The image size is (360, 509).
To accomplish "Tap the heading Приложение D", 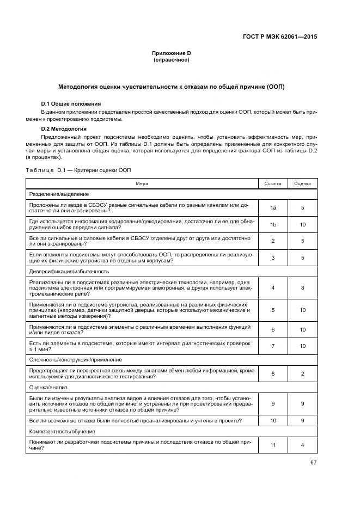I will [171, 53].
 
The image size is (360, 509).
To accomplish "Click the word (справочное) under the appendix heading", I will [171, 59].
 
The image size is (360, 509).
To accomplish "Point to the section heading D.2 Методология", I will [64, 129].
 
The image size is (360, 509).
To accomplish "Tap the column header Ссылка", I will [273, 184].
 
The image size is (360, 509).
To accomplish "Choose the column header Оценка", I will [302, 184].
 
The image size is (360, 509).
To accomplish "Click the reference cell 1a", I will [273, 208].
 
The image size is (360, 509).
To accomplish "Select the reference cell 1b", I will [273, 224].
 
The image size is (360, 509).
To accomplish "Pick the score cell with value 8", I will [302, 287].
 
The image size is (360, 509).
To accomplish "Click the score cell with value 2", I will [302, 374].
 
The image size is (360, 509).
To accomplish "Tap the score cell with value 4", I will [302, 445].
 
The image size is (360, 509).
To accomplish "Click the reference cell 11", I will [273, 445].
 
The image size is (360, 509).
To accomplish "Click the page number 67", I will [313, 463].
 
